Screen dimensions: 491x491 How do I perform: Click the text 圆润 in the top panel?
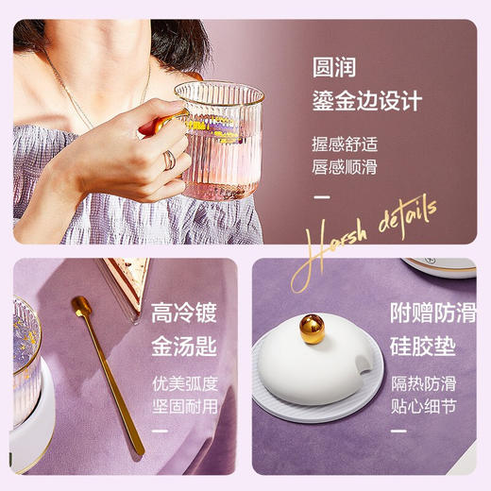tap(340, 68)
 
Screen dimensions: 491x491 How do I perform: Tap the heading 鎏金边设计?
tap(366, 100)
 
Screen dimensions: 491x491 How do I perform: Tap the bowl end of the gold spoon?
tap(81, 307)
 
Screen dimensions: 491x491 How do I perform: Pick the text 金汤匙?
tap(185, 346)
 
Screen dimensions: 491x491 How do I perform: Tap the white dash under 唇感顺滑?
tap(322, 197)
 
